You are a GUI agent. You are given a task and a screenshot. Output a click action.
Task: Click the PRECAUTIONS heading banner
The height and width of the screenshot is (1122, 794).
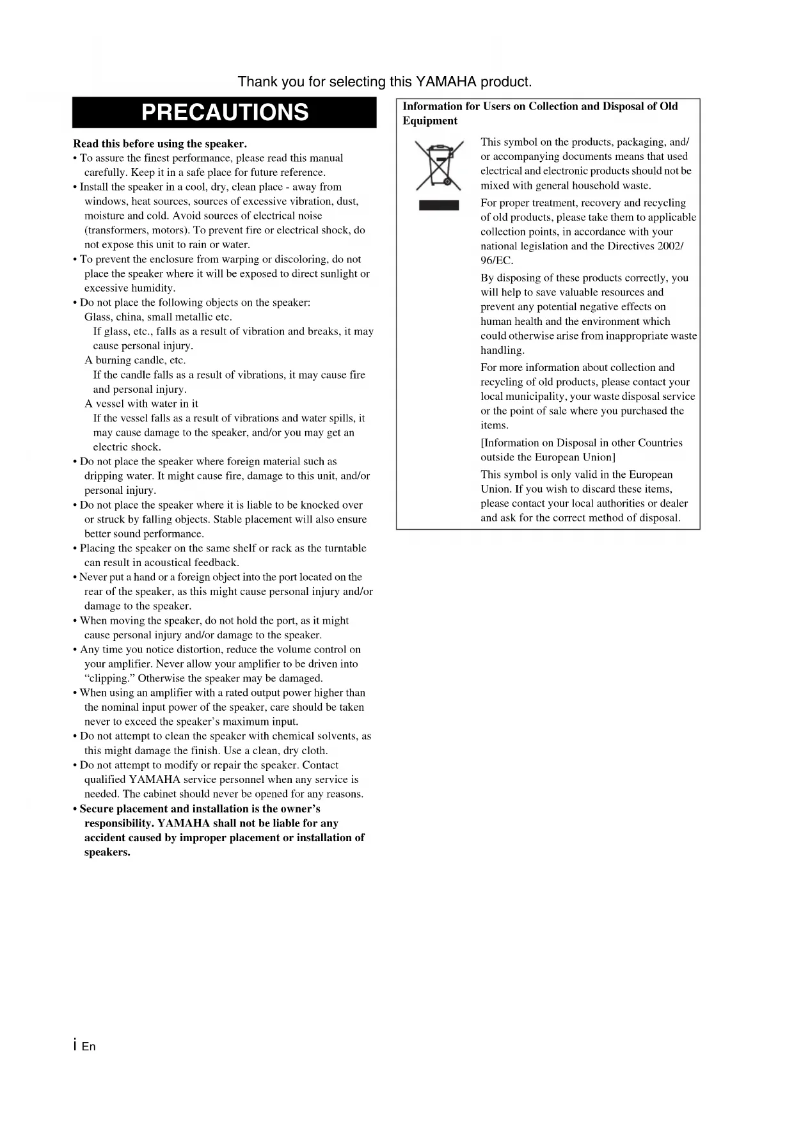(x=225, y=113)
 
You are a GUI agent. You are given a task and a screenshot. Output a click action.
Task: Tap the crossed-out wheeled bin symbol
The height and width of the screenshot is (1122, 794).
(x=439, y=165)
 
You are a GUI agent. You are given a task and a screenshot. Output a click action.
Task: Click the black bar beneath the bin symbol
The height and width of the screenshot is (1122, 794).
(x=439, y=205)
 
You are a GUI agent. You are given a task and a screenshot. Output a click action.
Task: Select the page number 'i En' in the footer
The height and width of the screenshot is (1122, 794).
(x=84, y=1046)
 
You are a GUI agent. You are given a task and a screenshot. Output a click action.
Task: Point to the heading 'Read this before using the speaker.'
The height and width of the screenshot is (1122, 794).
(x=160, y=143)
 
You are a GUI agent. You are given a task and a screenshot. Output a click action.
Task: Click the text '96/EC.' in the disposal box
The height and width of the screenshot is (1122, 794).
(x=497, y=260)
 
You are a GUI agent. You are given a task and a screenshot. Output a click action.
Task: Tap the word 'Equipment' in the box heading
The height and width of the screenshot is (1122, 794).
(x=430, y=121)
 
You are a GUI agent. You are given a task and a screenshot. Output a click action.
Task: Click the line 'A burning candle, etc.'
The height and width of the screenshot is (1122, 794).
(x=135, y=360)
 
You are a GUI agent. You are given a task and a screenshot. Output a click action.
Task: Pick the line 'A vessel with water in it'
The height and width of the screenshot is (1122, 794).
(x=141, y=404)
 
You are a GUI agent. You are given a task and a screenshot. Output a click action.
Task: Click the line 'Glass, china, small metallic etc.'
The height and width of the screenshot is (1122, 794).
(x=158, y=317)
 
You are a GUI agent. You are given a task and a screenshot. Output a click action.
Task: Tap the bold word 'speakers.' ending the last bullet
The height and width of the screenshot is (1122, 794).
(x=107, y=852)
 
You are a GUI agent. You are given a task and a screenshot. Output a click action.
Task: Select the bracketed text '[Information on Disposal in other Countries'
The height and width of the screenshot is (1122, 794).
(x=582, y=443)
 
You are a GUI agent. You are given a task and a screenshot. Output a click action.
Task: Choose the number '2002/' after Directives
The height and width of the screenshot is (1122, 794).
(x=671, y=246)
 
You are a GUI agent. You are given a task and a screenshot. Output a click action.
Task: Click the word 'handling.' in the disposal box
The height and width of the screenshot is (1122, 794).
(x=503, y=351)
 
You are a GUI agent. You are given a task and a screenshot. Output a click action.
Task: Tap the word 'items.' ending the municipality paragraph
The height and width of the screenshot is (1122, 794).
(x=495, y=425)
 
